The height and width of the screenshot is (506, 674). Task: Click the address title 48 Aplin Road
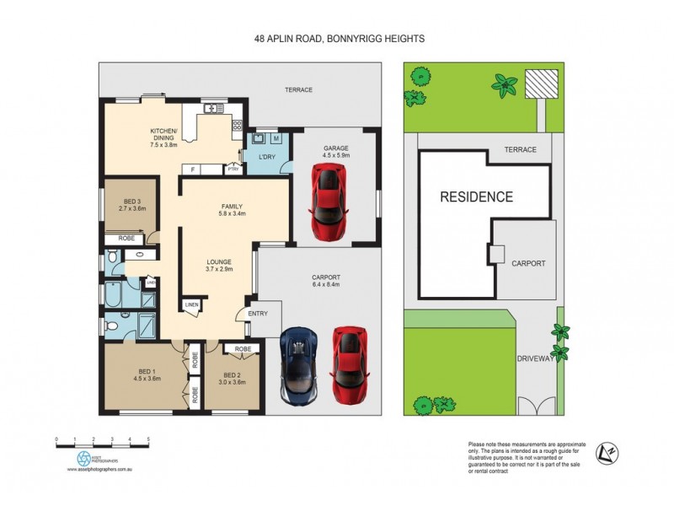tap(337, 38)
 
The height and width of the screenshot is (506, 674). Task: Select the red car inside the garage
tap(327, 201)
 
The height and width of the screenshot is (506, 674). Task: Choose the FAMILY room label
tap(232, 206)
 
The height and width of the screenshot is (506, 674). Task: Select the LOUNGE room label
tap(219, 261)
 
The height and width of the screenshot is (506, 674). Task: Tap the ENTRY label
tap(258, 314)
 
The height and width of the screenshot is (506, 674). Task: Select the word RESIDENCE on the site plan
tap(477, 197)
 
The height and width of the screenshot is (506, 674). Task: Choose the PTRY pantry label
tap(233, 169)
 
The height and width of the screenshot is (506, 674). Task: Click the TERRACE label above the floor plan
tap(298, 89)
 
